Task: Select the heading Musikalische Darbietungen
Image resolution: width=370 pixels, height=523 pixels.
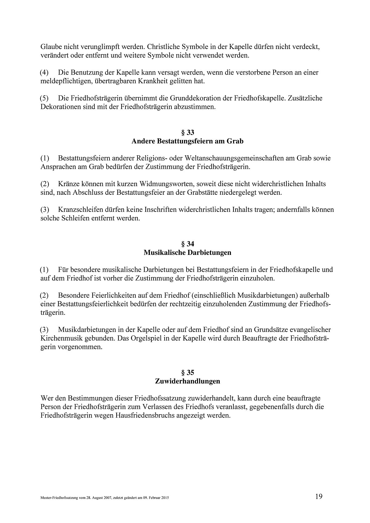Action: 187,253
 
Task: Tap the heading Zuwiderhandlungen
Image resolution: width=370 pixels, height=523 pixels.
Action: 187,381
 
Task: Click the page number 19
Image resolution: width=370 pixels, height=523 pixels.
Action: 319,496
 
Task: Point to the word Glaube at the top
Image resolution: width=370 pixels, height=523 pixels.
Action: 51,47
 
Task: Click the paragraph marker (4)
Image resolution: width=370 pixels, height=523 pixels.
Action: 45,73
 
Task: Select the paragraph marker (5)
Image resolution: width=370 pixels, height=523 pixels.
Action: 45,99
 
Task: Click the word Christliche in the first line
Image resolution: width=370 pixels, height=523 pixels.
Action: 163,47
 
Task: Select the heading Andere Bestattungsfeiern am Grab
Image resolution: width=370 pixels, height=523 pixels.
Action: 187,141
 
